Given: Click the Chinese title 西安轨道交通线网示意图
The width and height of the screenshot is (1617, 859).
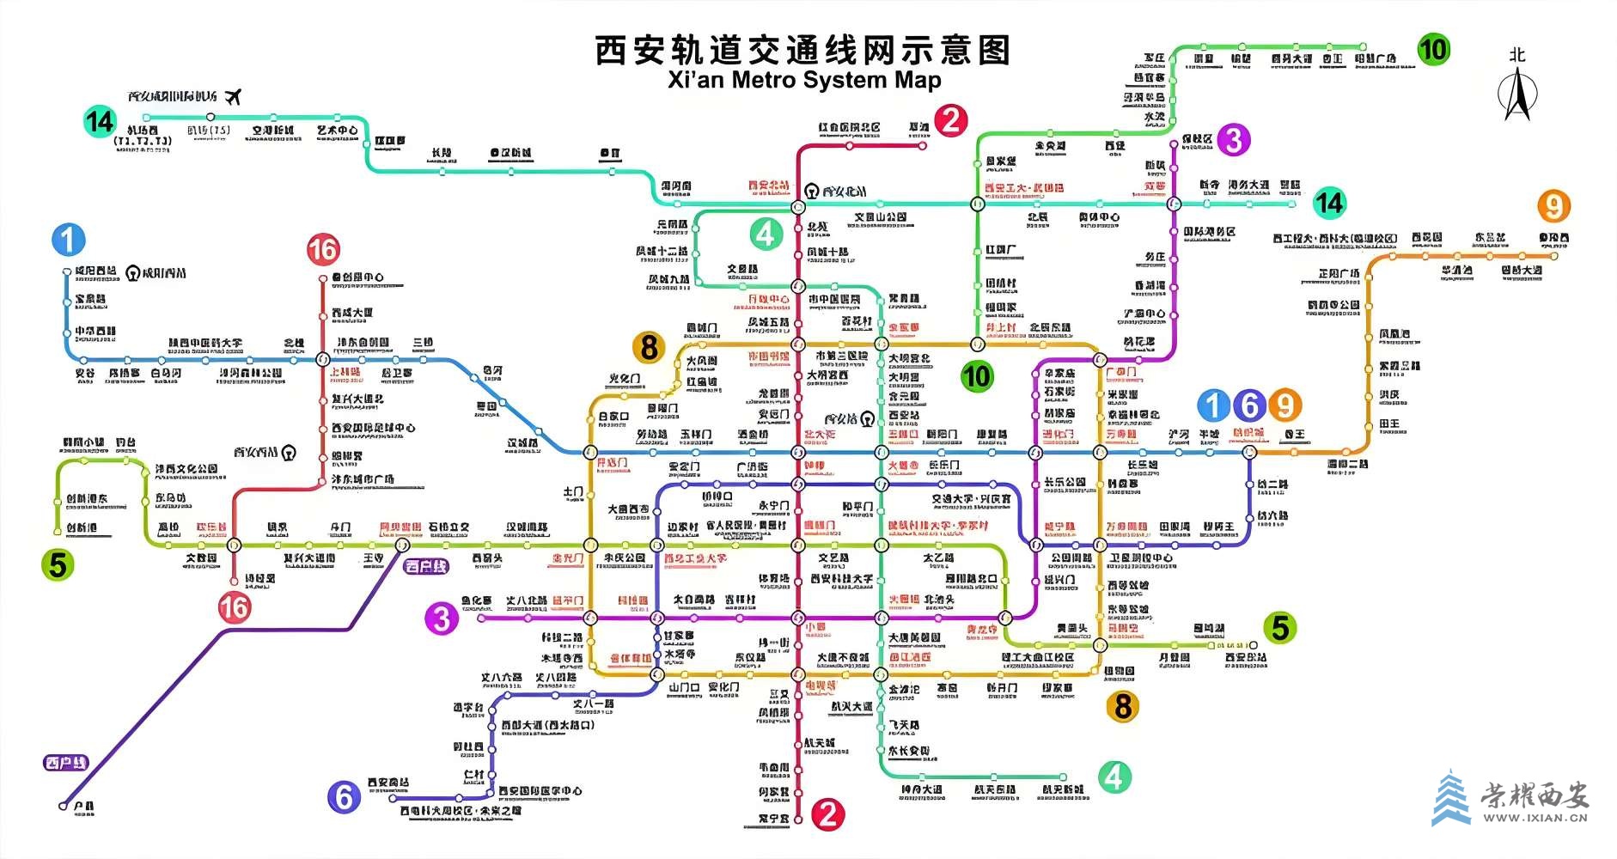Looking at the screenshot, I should tap(803, 51).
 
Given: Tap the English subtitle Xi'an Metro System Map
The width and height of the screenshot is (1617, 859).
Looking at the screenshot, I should tap(804, 80).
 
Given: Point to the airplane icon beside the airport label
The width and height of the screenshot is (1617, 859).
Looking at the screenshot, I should tap(232, 95).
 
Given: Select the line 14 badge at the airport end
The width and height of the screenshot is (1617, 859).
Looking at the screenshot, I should tap(100, 121).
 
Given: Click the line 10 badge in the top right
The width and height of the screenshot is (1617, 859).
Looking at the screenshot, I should tap(1432, 49).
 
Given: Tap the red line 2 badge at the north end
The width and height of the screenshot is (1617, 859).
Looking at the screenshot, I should tap(950, 119).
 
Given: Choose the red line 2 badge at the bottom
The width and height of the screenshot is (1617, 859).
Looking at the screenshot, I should tap(827, 813).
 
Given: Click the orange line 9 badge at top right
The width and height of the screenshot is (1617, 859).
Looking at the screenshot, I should tap(1553, 206).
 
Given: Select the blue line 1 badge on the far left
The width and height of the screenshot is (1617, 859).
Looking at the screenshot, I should tap(68, 240).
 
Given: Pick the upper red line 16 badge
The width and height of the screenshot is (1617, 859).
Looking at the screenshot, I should tap(323, 250).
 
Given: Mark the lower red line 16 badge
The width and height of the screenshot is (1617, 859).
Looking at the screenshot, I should tap(234, 607).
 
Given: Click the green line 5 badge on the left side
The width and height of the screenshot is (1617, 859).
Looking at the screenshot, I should tap(58, 565).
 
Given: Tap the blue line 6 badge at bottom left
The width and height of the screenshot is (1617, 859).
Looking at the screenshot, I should tap(344, 797).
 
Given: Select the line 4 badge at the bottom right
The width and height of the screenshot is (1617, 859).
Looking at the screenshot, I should tap(1114, 777).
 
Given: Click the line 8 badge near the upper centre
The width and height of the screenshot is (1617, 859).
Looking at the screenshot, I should tap(650, 348).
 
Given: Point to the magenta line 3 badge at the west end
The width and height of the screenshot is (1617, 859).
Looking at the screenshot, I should tap(442, 618).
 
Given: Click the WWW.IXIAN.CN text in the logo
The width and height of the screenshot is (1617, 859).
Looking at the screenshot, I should tap(1535, 818).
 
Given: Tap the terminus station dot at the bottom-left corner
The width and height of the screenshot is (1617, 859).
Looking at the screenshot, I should tap(63, 806).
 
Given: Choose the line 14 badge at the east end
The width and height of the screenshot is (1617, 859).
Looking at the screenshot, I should tap(1328, 203).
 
